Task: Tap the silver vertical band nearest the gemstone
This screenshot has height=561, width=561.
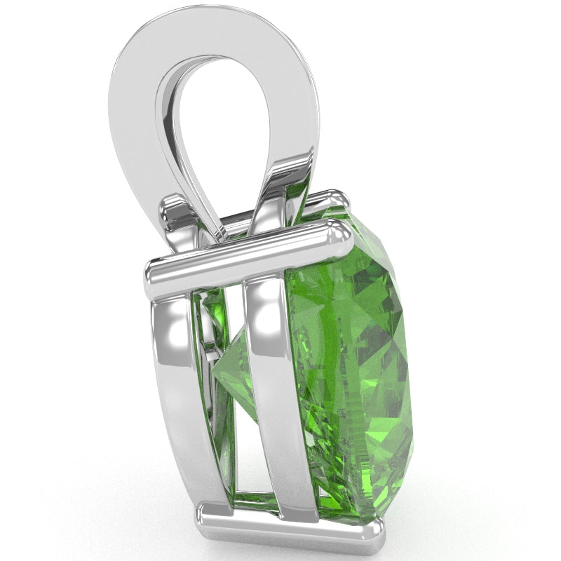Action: click(x=273, y=393)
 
